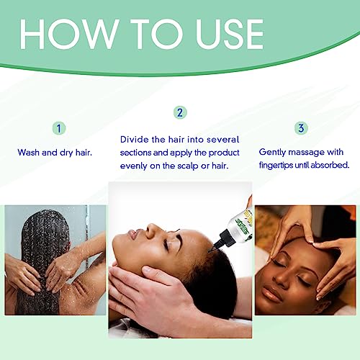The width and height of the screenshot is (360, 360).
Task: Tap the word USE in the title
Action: [230, 34]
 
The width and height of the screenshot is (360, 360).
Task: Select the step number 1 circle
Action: [59, 128]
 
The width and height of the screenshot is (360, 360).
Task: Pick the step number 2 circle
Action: [180, 112]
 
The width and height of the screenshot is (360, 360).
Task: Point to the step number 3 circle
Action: [301, 128]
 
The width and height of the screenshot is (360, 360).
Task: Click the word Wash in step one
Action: [29, 153]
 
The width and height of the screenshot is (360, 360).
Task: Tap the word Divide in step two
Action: [135, 140]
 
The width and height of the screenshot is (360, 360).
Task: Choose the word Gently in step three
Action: [272, 153]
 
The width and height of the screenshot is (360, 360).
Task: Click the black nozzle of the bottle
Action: [222, 240]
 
